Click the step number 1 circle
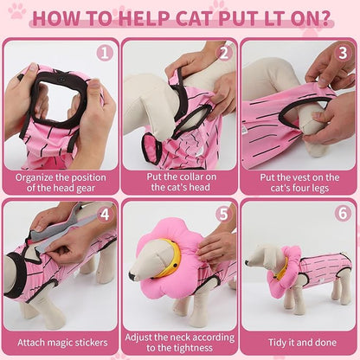[x=105, y=52]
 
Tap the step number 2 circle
[x=224, y=52]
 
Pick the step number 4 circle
[x=105, y=214]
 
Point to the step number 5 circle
[x=224, y=214]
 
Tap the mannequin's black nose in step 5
[x=132, y=277]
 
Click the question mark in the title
[x=323, y=17]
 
